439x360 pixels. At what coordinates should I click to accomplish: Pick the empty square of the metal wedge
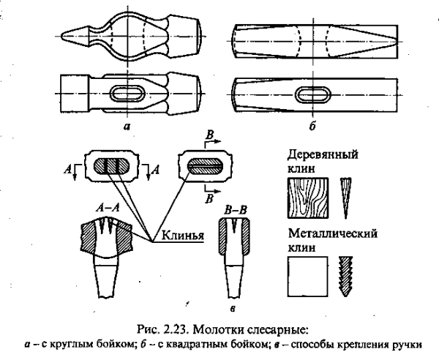coord(308,280)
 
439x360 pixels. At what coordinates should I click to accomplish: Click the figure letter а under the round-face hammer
coord(127,125)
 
